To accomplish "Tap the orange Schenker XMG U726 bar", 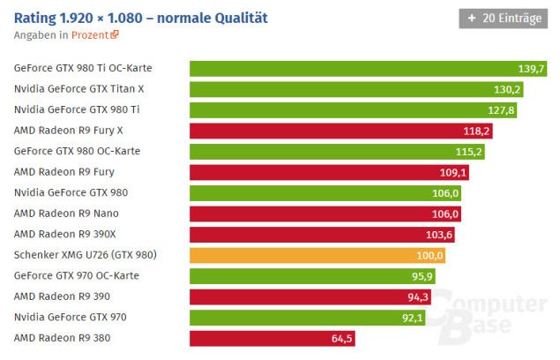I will [317, 255].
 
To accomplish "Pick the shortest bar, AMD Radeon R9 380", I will [273, 338].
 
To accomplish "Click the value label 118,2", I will [477, 131].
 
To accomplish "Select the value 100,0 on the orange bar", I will [429, 255].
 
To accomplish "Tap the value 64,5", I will [341, 338].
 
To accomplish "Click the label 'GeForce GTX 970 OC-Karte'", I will [77, 275].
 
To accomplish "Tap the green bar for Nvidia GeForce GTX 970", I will [309, 317].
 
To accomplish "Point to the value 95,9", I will [421, 276].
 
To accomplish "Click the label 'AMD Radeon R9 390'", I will [64, 296].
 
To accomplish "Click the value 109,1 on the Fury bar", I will [453, 172].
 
